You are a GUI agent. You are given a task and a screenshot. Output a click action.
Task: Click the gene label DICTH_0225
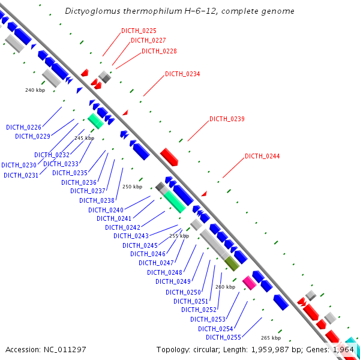(139, 31)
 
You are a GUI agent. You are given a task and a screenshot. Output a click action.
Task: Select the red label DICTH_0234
(182, 74)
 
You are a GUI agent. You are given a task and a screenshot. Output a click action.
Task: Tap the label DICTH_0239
(227, 119)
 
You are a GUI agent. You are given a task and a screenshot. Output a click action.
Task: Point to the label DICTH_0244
(262, 157)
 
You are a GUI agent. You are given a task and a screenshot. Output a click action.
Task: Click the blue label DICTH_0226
(23, 127)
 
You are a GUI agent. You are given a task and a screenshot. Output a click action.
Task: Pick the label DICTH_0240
(106, 210)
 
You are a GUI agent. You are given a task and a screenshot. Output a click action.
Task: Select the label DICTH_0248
(164, 272)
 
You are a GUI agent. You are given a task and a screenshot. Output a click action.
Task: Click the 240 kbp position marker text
(35, 90)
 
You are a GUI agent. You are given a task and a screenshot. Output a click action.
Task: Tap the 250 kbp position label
(132, 187)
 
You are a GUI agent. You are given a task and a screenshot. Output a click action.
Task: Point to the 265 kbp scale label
(271, 338)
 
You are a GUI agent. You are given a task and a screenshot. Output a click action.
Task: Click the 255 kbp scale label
(179, 236)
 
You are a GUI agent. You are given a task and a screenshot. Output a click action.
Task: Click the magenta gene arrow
(249, 283)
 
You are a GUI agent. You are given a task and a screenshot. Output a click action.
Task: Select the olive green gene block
(232, 262)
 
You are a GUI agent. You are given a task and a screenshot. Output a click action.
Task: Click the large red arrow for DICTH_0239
(169, 157)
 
